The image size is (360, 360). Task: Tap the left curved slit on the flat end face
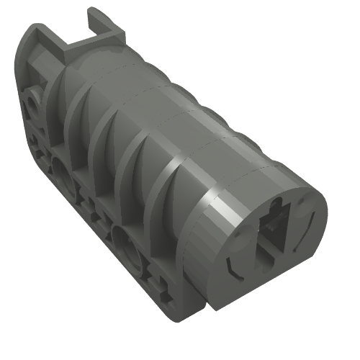pyautogui.click(x=232, y=266)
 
